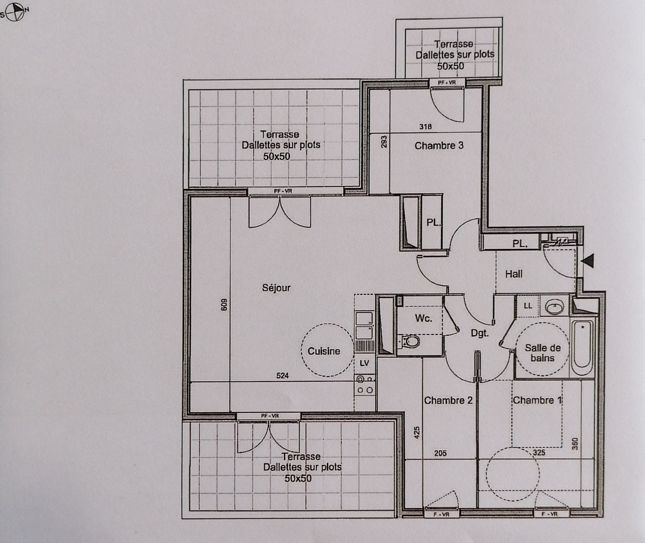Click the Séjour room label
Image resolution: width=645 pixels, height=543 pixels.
[276, 288]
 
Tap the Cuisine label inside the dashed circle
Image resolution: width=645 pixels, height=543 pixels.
[324, 351]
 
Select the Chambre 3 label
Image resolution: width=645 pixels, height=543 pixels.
[439, 146]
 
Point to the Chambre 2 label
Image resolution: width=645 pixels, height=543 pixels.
[448, 400]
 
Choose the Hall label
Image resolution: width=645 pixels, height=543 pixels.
[514, 274]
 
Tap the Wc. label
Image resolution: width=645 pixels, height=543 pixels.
[423, 318]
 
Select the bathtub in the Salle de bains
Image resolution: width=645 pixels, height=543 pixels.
[583, 347]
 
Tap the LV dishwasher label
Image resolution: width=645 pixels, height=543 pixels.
[364, 363]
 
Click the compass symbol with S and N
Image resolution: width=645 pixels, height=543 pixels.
[15, 12]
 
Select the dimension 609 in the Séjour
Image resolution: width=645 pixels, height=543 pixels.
[224, 304]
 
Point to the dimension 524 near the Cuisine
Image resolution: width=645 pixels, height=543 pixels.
[283, 376]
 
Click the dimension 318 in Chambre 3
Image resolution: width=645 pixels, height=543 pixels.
[425, 127]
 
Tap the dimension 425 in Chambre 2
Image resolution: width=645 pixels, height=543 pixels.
[417, 433]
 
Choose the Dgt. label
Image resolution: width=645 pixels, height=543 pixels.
[480, 333]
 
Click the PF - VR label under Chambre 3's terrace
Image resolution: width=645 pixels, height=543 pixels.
[447, 83]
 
